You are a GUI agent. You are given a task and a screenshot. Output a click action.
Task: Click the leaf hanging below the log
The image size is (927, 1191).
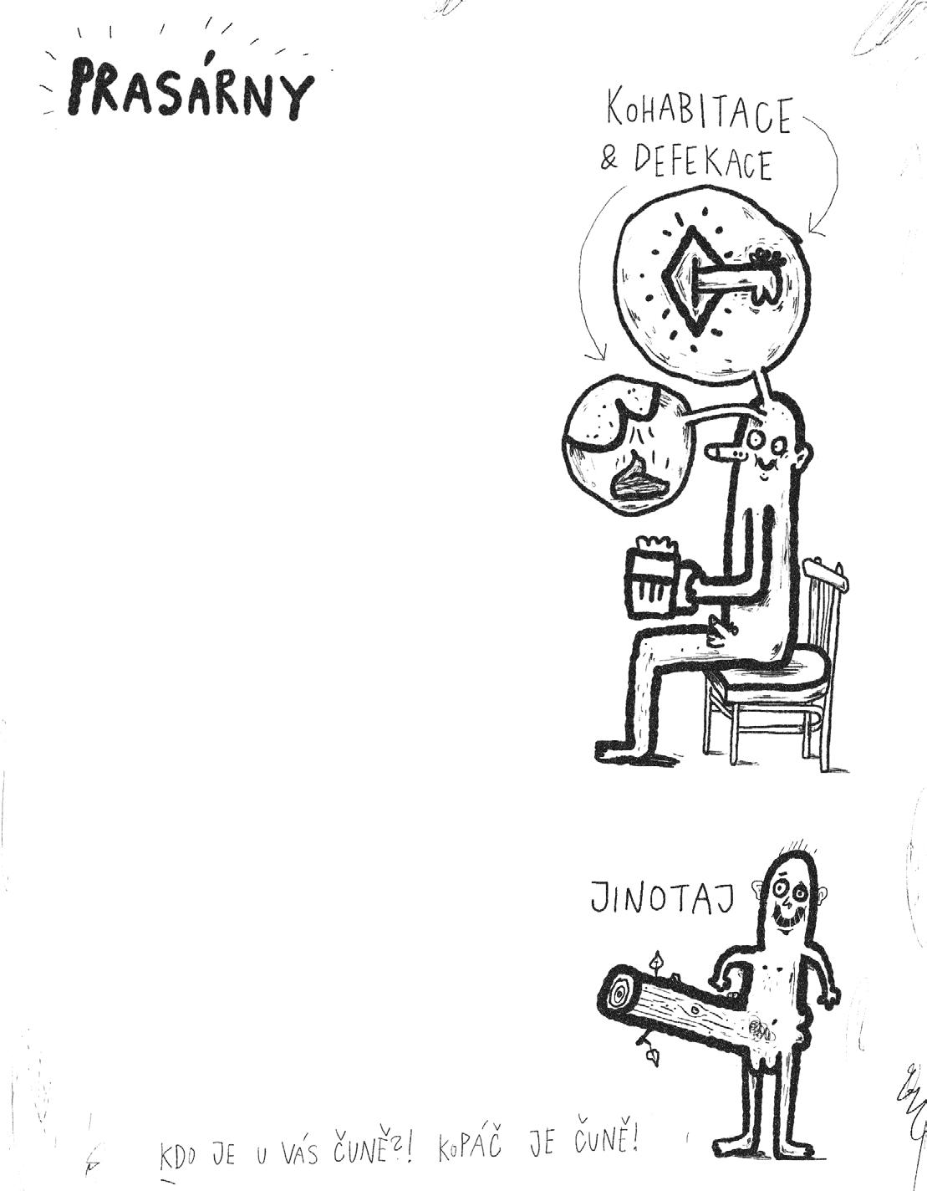(x=651, y=1057)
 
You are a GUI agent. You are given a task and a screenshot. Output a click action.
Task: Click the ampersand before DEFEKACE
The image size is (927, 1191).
(x=609, y=159)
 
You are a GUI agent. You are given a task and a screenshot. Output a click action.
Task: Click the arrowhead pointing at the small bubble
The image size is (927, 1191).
(x=596, y=357)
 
